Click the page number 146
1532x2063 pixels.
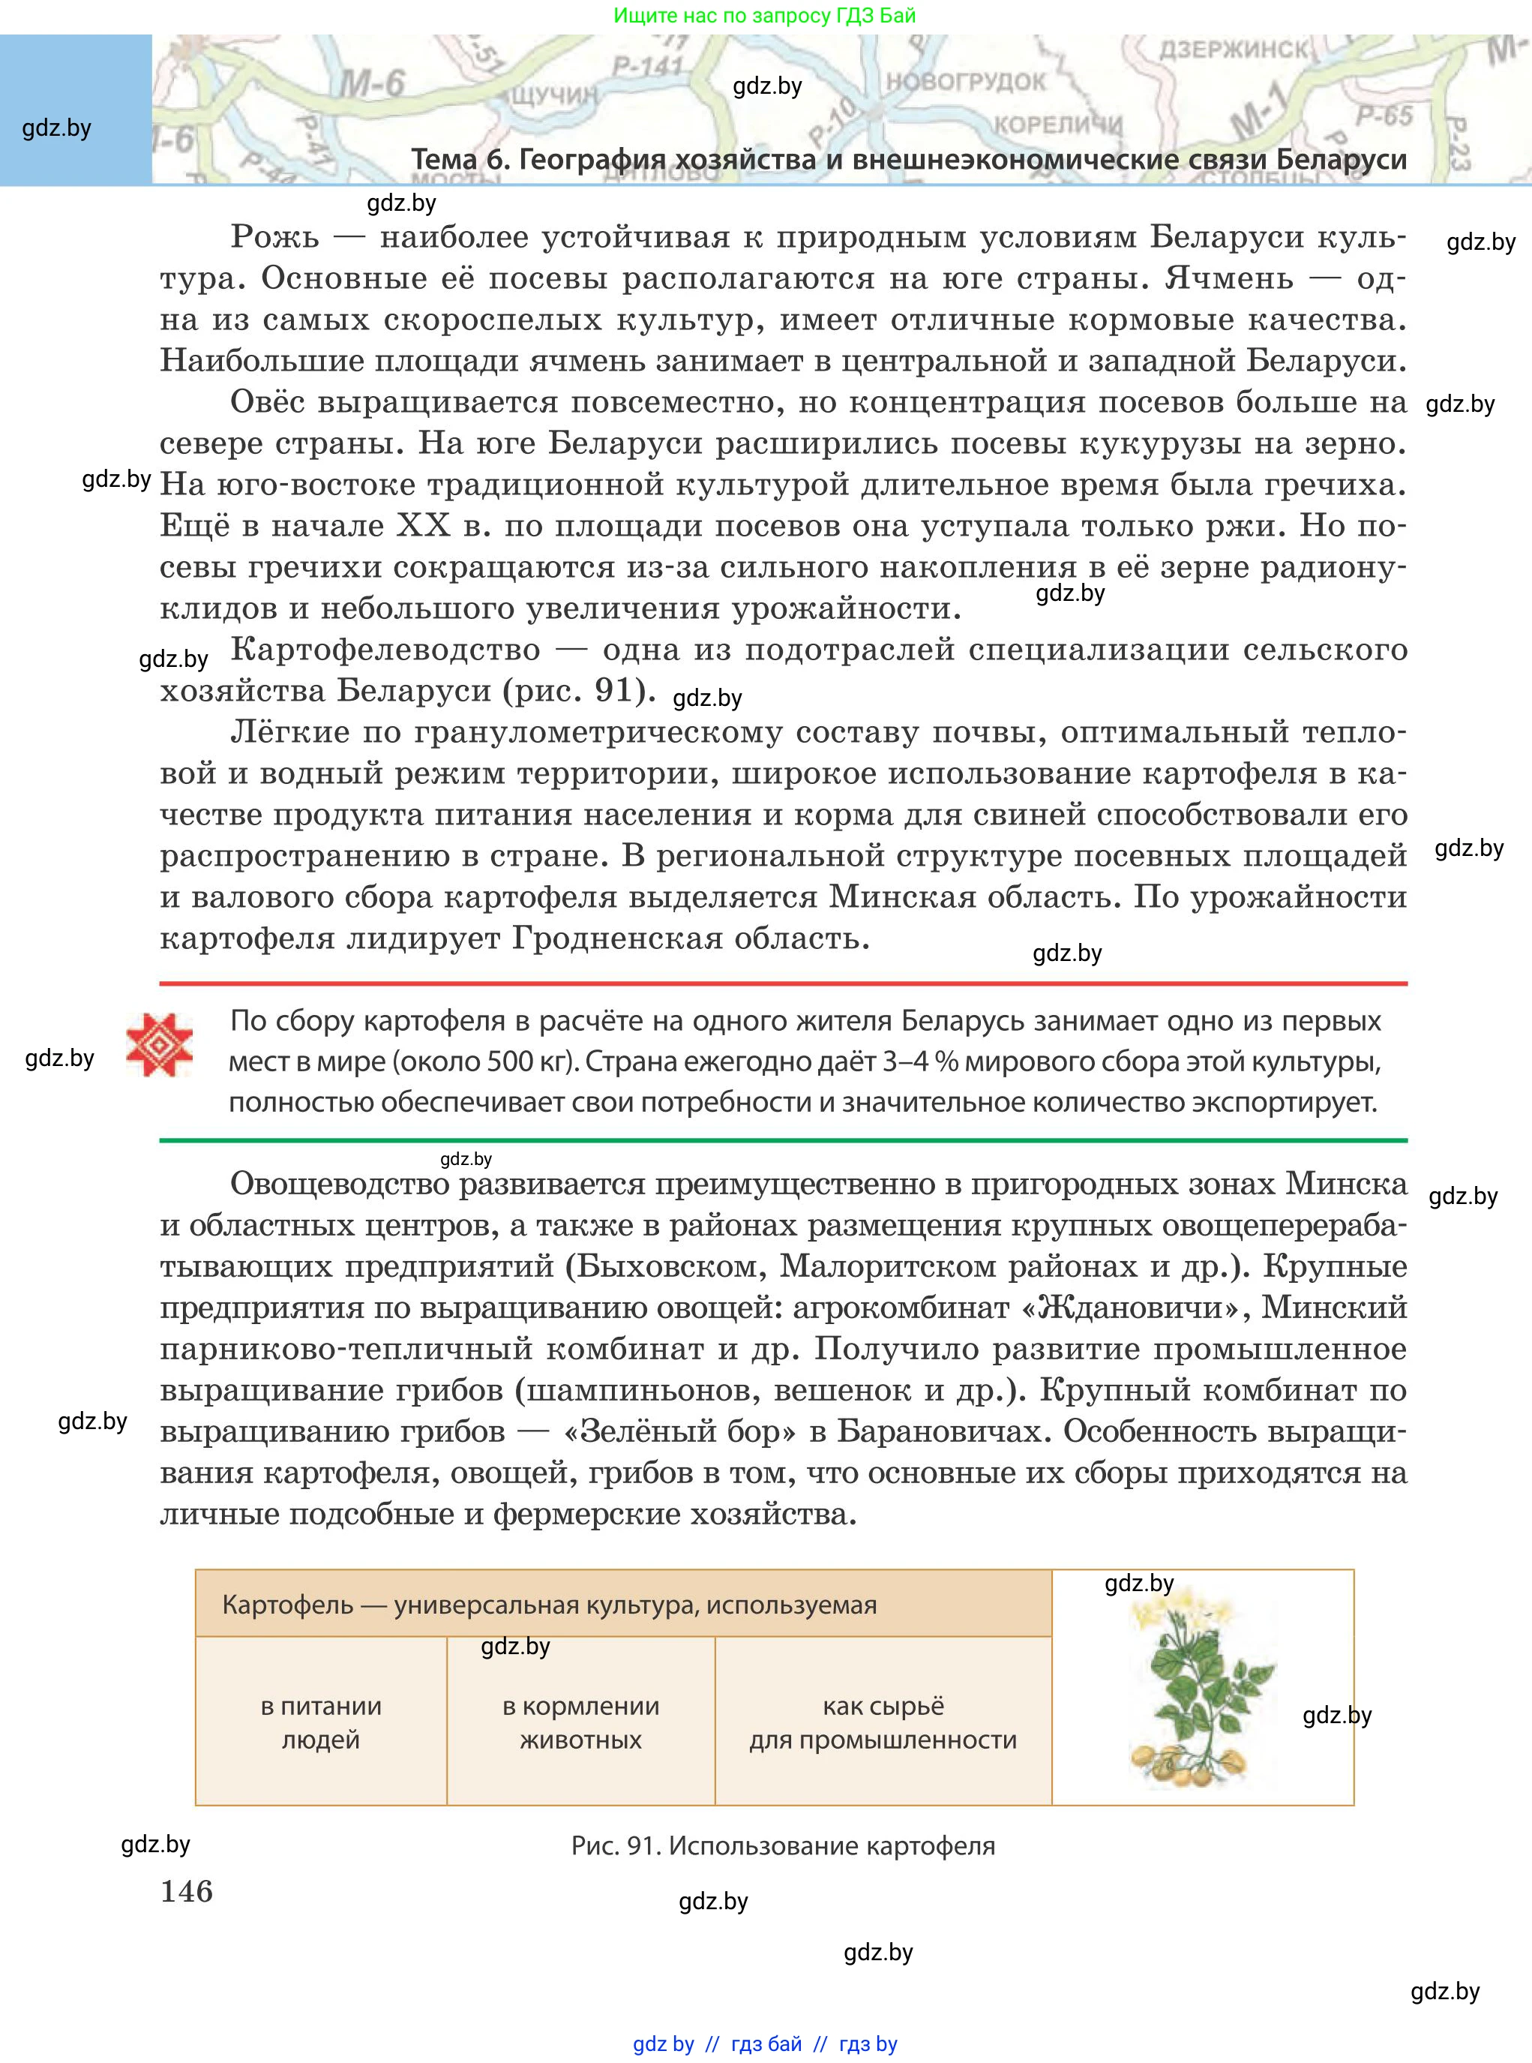coord(187,1890)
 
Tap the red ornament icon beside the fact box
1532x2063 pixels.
coord(160,1044)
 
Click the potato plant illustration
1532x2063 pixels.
coord(1202,1693)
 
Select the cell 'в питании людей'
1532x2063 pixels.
coord(321,1722)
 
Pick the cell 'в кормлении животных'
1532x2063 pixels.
coord(580,1722)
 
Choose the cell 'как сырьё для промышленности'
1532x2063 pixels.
coord(883,1722)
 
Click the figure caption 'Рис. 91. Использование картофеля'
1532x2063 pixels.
coord(783,1846)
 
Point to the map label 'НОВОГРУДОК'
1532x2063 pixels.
coord(965,82)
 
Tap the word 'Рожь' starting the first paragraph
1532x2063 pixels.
coord(274,238)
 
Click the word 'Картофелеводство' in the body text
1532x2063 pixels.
coord(385,650)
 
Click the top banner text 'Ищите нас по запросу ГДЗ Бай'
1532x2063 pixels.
coord(764,15)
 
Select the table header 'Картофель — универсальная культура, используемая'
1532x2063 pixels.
coord(549,1605)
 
